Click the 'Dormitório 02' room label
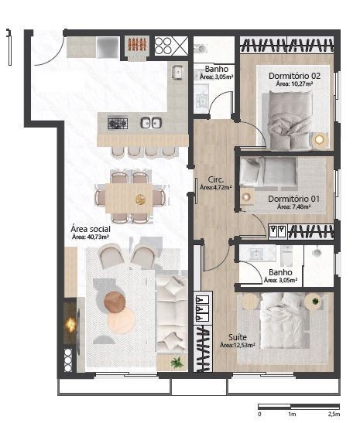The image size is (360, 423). point(294,76)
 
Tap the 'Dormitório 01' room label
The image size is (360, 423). point(293,199)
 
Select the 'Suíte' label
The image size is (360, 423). point(238,337)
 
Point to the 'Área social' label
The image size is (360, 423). point(91,229)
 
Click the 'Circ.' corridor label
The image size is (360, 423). point(216,179)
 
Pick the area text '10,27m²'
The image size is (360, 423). point(302,84)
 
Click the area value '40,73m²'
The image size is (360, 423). point(98,237)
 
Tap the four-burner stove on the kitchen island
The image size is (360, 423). point(118,124)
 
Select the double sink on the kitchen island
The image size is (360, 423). point(151,123)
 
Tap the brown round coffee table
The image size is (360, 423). point(115,302)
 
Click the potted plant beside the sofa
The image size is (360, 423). point(177,363)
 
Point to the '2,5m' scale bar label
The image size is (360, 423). point(334,414)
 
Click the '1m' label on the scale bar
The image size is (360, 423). point(292,414)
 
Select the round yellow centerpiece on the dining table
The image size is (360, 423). point(140,200)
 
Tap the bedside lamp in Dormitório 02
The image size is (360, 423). point(319,140)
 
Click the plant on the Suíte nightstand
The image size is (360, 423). point(315,301)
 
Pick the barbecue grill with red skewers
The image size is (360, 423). point(137,44)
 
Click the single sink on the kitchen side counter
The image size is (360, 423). point(177,72)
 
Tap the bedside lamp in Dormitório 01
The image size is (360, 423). point(246,197)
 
